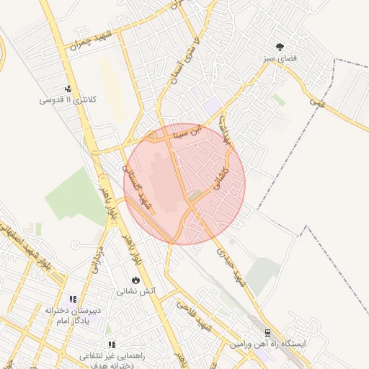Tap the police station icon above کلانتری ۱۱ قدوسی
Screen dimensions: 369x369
click(x=68, y=89)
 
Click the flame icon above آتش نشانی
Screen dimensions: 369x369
click(x=135, y=280)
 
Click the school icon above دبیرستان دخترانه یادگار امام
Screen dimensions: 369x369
click(x=72, y=298)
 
